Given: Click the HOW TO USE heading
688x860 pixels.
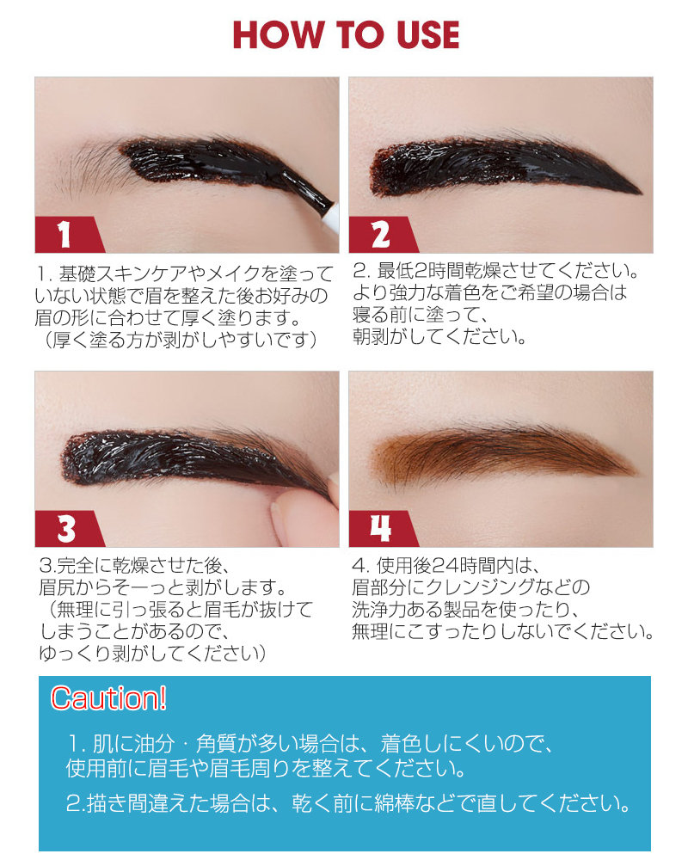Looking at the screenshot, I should click(346, 35).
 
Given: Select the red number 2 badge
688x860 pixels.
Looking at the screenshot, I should click(380, 234).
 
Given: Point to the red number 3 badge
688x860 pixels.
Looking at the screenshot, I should click(64, 528).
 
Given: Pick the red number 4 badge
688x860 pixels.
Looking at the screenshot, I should click(379, 528).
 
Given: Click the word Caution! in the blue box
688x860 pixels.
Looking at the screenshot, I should click(108, 697).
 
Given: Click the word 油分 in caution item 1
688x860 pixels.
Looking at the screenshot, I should click(145, 742).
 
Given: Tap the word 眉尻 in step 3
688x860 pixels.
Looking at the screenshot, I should click(57, 588).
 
